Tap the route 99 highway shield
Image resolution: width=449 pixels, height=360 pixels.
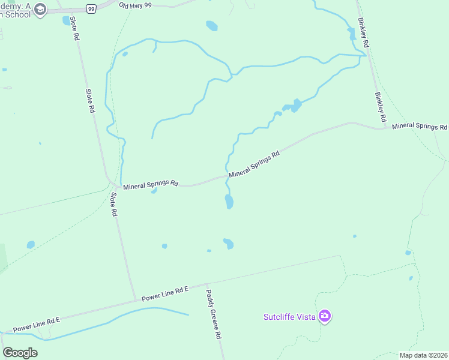coord(91,8)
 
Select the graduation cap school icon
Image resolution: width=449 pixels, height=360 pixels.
coord(40,9)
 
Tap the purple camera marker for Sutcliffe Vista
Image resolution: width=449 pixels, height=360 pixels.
coord(325,316)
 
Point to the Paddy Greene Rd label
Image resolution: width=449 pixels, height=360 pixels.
coord(214,314)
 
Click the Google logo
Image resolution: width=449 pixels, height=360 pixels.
coord(20,353)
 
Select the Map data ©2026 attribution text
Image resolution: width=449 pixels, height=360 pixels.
coord(423,355)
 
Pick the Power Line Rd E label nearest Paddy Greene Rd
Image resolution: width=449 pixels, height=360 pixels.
coord(165,293)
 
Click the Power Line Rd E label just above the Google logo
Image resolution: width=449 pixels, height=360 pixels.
coord(37,325)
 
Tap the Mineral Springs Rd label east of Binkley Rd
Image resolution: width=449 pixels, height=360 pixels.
coord(420,127)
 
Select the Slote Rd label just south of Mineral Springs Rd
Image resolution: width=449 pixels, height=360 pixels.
coord(113,205)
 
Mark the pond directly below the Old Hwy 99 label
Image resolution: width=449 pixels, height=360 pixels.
coord(211,26)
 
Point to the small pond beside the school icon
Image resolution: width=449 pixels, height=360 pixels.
coord(66,21)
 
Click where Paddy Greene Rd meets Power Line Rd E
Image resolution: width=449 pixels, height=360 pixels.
coord(206,284)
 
